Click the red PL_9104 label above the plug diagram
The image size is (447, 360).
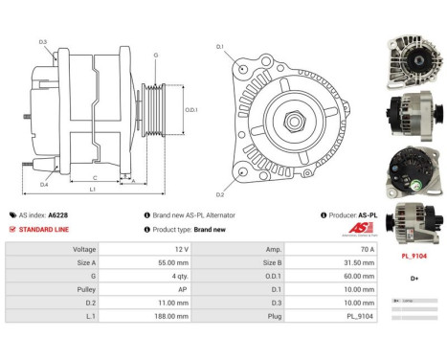[413, 257]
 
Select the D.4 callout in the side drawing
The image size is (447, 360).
[44, 184]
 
